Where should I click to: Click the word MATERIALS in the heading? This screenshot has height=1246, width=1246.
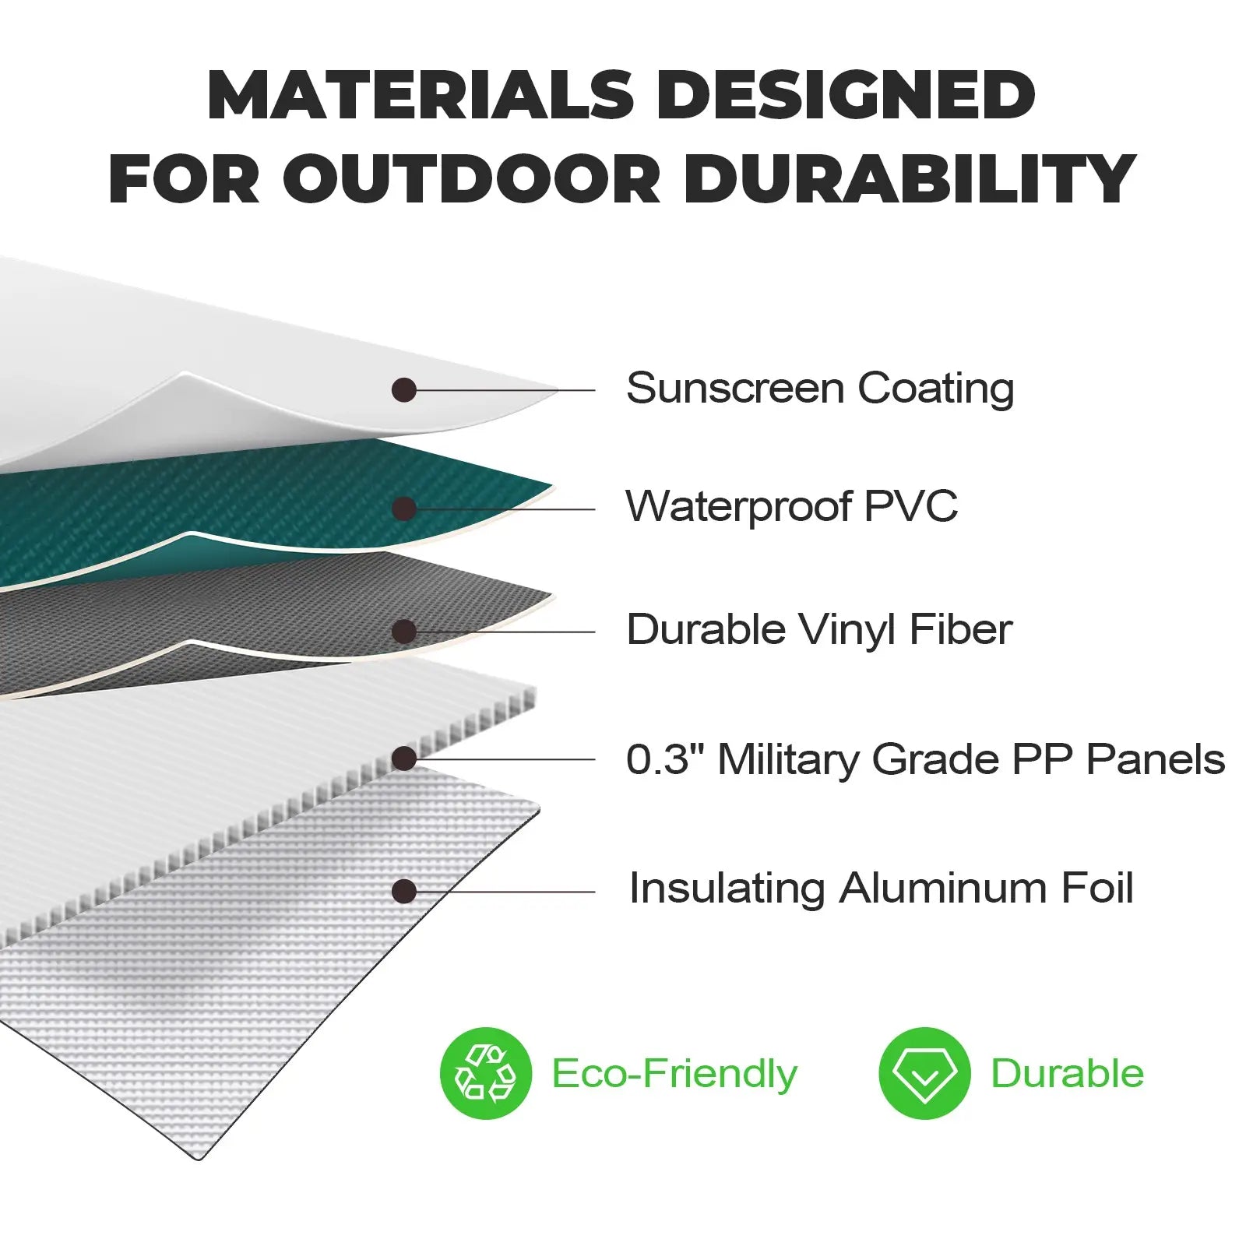coord(420,95)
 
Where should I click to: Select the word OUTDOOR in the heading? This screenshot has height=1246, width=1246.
coord(471,180)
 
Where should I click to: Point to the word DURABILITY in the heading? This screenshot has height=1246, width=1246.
coord(910,180)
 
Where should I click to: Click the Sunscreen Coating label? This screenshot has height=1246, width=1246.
coord(819,389)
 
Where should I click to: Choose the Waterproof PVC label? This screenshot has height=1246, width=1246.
coord(791,507)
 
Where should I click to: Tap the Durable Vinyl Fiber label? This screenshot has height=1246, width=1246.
coord(818,630)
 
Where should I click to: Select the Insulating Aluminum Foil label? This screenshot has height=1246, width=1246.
coord(881,889)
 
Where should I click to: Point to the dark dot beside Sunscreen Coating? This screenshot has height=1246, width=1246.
coord(403,390)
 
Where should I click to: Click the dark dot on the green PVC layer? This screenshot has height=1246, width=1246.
coord(403,509)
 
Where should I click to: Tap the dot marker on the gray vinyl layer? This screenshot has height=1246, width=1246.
coord(403,632)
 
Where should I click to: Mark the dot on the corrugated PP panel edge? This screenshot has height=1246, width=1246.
coord(403,759)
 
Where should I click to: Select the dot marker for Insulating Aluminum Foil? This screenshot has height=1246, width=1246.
coord(403,892)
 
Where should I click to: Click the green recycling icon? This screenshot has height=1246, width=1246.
coord(485,1074)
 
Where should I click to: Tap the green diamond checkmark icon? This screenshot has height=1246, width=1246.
coord(924,1074)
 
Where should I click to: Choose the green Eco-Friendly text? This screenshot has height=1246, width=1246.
coord(674,1075)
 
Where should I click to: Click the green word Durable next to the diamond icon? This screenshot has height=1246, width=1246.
coord(1067,1074)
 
